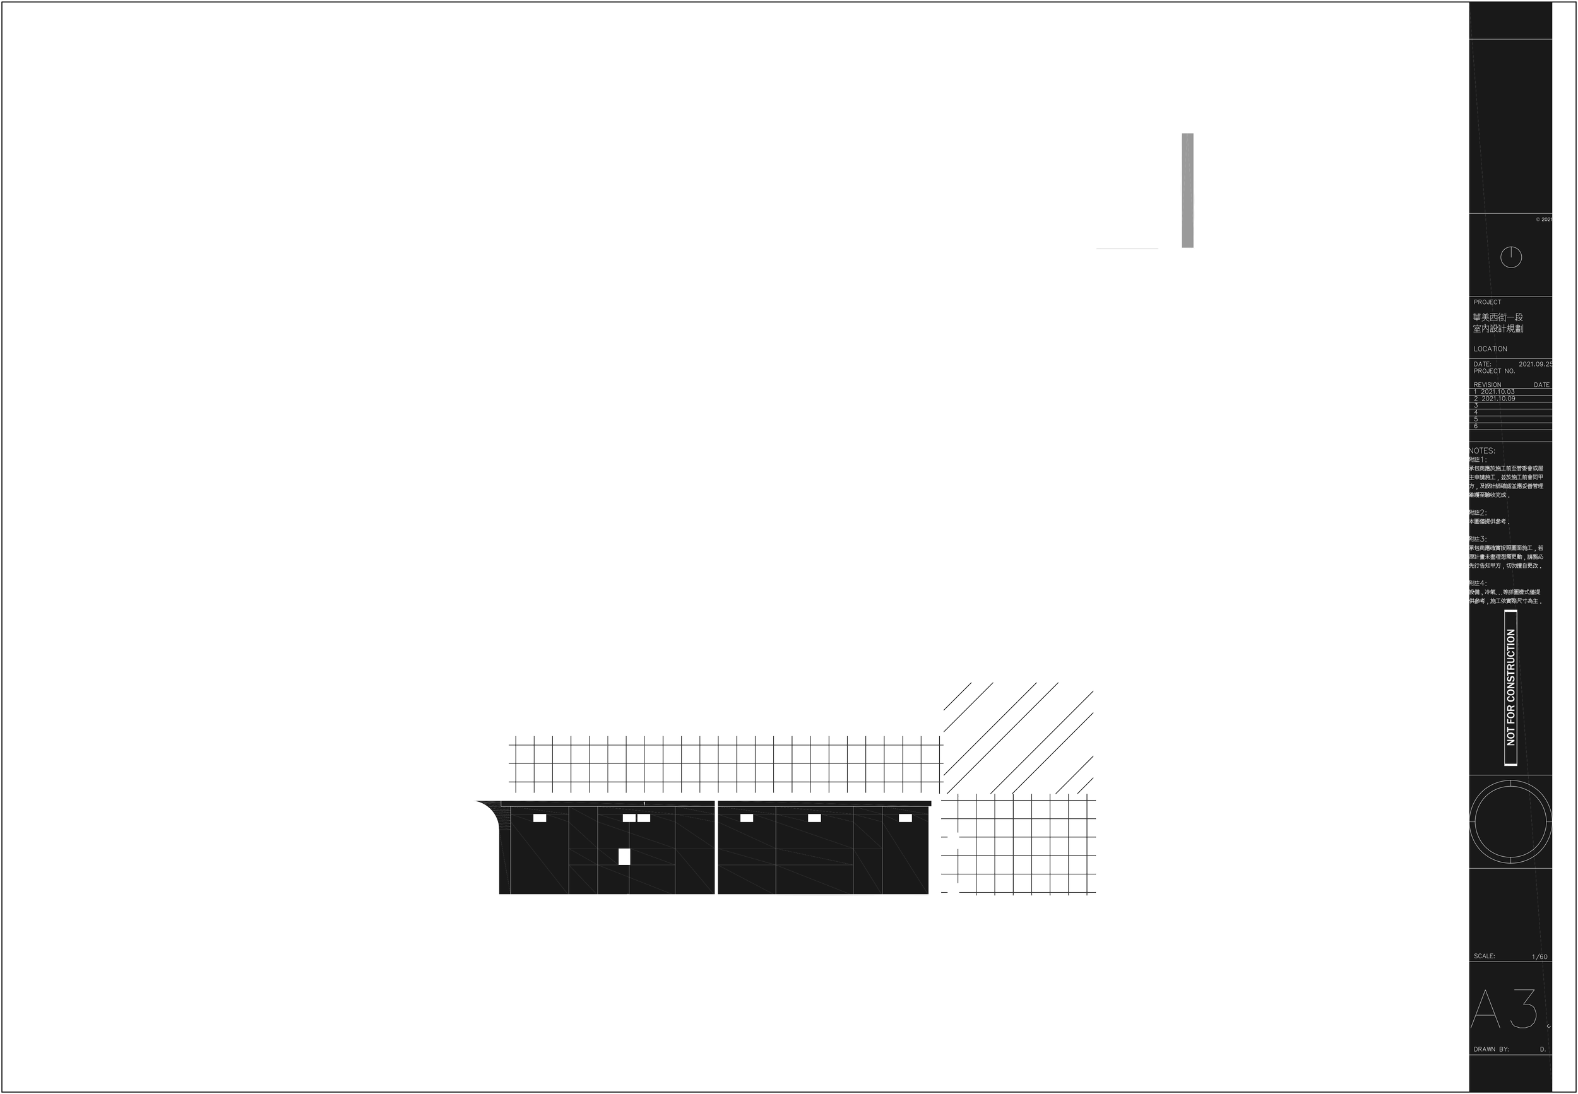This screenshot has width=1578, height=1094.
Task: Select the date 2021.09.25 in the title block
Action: (1535, 364)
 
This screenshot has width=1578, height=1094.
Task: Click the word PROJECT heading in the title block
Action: (1488, 302)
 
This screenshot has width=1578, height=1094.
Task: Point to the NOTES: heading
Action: (1482, 451)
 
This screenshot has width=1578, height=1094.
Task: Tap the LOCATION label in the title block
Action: (1490, 349)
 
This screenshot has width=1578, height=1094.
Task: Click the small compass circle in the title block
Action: (1511, 257)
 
